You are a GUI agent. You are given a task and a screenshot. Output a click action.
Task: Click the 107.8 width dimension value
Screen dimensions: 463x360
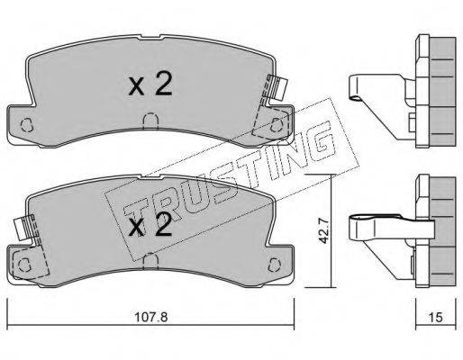(150, 317)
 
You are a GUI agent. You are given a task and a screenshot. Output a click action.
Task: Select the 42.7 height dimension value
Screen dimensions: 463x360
(323, 231)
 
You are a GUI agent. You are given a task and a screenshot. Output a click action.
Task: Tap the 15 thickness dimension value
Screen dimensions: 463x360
(436, 317)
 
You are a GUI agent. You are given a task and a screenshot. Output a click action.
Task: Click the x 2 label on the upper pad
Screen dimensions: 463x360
(150, 85)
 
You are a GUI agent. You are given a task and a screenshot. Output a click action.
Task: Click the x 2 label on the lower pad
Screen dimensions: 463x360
(150, 226)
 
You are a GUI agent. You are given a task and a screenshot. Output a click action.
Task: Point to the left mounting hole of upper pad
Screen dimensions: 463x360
(26, 124)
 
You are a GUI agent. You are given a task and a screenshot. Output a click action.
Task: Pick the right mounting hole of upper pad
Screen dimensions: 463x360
(276, 124)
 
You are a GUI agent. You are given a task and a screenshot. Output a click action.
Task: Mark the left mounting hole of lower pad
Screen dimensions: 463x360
(24, 265)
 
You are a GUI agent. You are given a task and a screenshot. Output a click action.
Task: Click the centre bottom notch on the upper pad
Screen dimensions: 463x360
(150, 121)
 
